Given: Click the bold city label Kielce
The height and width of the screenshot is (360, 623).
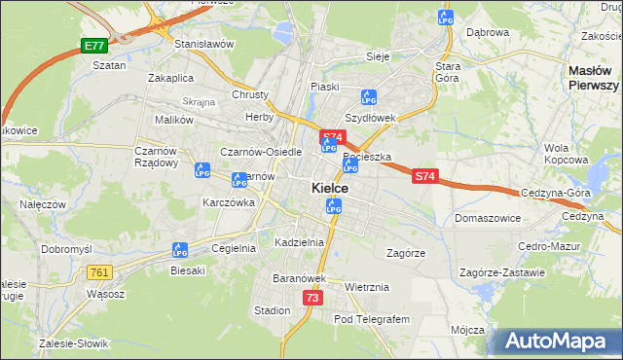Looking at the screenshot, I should [331, 188].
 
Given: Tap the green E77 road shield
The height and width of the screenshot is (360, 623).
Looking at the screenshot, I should [93, 46].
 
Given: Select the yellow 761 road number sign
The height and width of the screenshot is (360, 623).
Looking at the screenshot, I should [98, 272].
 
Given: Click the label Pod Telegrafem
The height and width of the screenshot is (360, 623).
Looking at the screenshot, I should [372, 319].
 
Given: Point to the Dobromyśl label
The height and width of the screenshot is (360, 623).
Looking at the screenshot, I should [66, 249].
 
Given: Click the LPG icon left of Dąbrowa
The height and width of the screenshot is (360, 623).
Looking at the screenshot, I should [447, 18].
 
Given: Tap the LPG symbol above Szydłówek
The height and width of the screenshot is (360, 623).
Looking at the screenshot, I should [368, 97].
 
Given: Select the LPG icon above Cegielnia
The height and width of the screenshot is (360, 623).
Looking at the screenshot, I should [180, 250].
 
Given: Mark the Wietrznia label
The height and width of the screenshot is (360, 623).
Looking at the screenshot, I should [367, 287].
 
